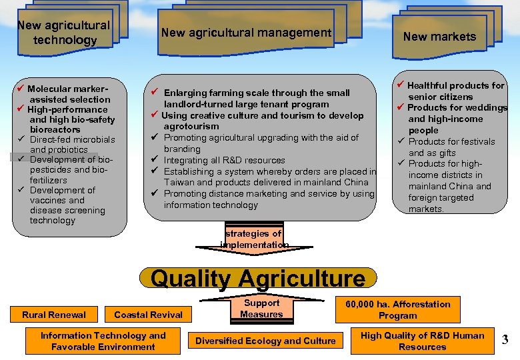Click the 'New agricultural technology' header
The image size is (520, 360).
coord(63,33)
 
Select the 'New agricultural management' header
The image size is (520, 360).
coord(246,32)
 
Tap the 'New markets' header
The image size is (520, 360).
coord(439,37)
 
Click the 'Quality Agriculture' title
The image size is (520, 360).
coord(259,279)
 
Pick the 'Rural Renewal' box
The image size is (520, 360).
coord(54,315)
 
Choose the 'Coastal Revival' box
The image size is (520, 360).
coord(148,315)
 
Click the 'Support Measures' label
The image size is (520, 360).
coord(261,309)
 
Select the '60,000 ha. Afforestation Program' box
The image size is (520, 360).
coord(397,310)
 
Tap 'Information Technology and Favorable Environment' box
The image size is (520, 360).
coord(103,341)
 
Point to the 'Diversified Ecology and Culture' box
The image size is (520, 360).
coord(265,341)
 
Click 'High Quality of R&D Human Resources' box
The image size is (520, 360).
coord(423,341)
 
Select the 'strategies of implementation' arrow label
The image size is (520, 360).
coord(254,239)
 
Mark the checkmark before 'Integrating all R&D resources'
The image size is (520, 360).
coord(154,160)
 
